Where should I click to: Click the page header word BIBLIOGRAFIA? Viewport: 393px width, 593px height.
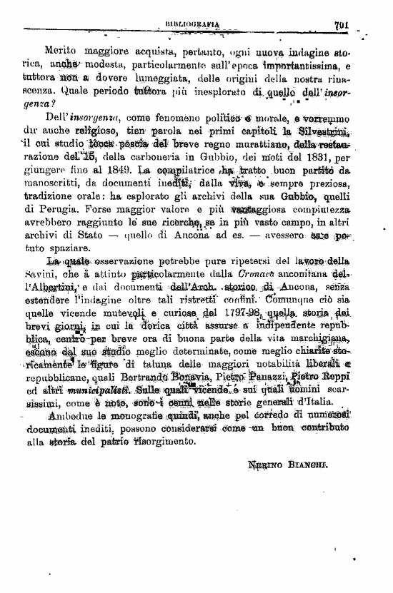191,24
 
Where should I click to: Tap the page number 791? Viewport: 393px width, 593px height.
340,24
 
